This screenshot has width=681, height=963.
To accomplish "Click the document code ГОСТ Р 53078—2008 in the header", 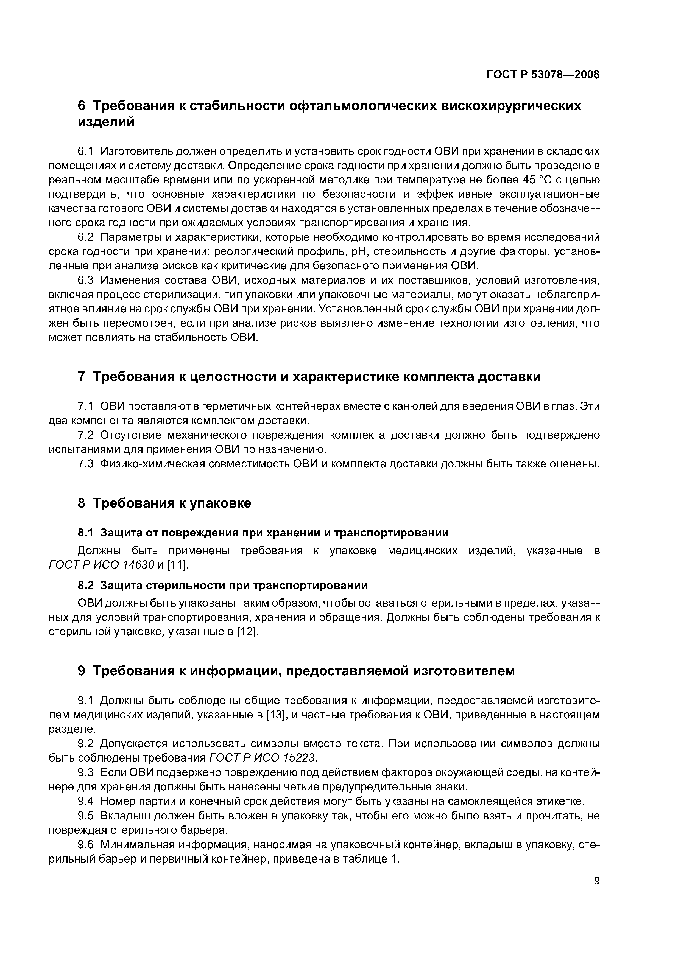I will coord(543,75).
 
